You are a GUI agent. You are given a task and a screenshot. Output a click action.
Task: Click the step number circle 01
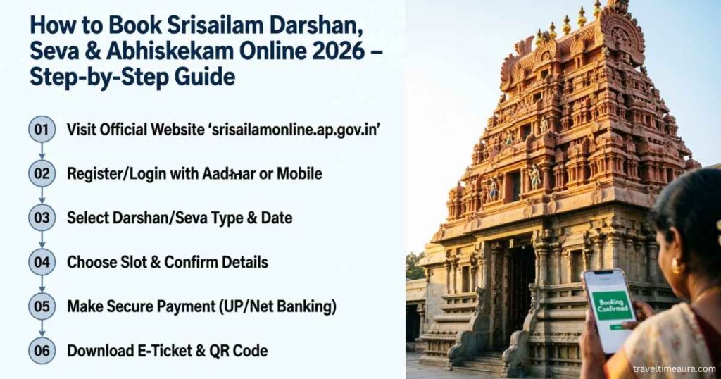[x=42, y=129]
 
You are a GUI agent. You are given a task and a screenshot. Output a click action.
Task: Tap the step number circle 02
[x=42, y=173]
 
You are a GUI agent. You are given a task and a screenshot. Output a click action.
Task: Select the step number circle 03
[x=42, y=218]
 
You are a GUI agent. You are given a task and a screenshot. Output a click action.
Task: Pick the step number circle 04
[x=42, y=262]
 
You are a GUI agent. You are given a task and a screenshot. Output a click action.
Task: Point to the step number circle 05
[x=42, y=306]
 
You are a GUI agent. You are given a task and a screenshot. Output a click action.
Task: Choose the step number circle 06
[x=42, y=350]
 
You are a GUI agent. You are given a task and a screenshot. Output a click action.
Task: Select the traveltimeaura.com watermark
[x=674, y=368]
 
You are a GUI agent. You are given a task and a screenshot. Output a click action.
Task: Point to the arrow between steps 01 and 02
[x=42, y=151]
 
